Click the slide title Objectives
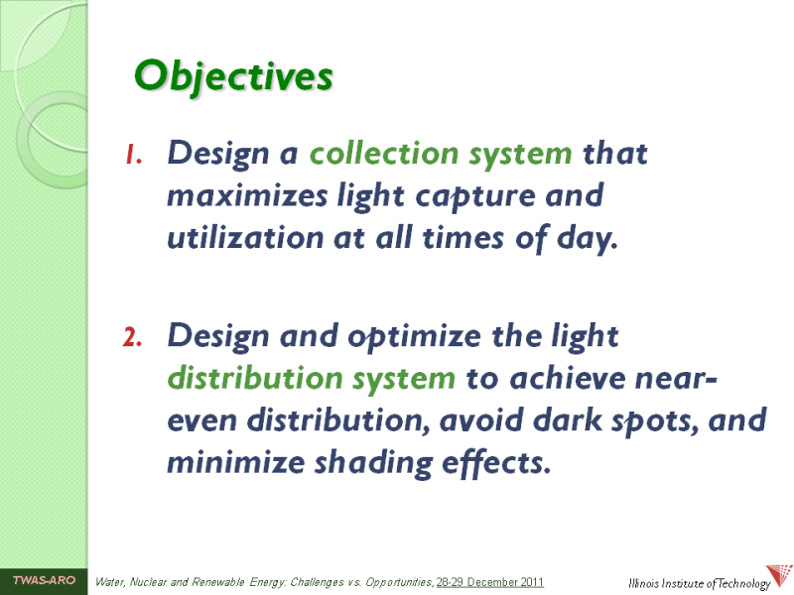[x=233, y=77]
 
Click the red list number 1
[x=133, y=155]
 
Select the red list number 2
[x=132, y=337]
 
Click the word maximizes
[x=247, y=195]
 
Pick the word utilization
[x=245, y=237]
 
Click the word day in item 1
[x=587, y=239]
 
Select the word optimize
[x=414, y=337]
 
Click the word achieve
[x=567, y=379]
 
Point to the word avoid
[x=480, y=420]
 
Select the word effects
[x=496, y=463]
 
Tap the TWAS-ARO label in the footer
[x=44, y=580]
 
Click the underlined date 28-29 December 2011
[x=490, y=582]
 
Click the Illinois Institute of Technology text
[x=699, y=584]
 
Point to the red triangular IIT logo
[x=779, y=576]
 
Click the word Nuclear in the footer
[x=148, y=582]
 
